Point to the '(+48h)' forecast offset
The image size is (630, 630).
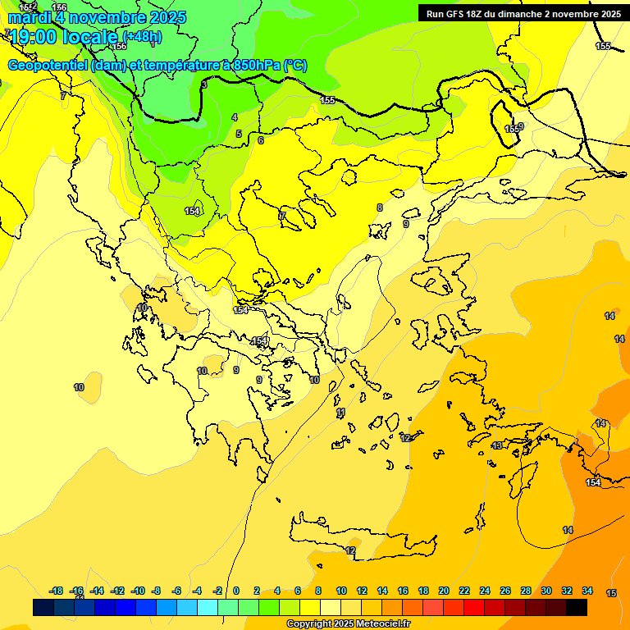point(142,36)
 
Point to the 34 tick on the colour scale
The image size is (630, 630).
point(587,591)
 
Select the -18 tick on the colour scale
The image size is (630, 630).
point(57,591)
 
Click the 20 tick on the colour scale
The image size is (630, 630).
point(444,591)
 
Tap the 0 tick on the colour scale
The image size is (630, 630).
point(236,591)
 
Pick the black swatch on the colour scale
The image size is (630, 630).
point(577,607)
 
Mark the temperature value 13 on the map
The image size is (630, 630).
point(497,445)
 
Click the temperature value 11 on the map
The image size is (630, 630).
point(341,412)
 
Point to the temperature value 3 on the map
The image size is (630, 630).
point(204,84)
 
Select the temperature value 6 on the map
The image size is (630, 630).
point(261,140)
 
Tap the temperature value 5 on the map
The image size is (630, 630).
point(239,134)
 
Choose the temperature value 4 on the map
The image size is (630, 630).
point(235,117)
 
